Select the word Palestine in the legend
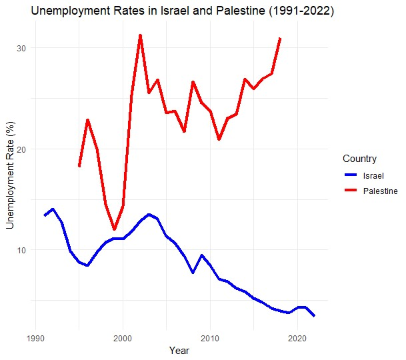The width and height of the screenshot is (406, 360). click(x=380, y=191)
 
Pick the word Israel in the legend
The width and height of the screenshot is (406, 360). click(x=373, y=175)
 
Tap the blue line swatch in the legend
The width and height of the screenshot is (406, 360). click(x=351, y=175)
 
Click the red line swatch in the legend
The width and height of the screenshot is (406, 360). click(x=351, y=191)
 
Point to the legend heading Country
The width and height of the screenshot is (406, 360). click(x=359, y=159)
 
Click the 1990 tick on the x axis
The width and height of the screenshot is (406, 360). click(x=36, y=338)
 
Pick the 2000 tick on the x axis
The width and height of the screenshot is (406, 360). click(x=123, y=338)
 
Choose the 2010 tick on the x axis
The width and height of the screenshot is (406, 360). click(x=211, y=338)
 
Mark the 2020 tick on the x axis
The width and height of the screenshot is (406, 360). click(x=297, y=338)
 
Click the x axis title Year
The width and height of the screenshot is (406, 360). click(x=179, y=351)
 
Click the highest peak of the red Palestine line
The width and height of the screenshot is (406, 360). click(x=140, y=35)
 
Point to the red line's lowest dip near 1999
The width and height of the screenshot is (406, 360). click(x=114, y=229)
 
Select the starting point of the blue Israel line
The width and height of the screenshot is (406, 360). click(x=45, y=215)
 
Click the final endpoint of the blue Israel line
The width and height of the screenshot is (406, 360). click(x=314, y=315)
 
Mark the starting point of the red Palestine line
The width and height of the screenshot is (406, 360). click(x=79, y=166)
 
